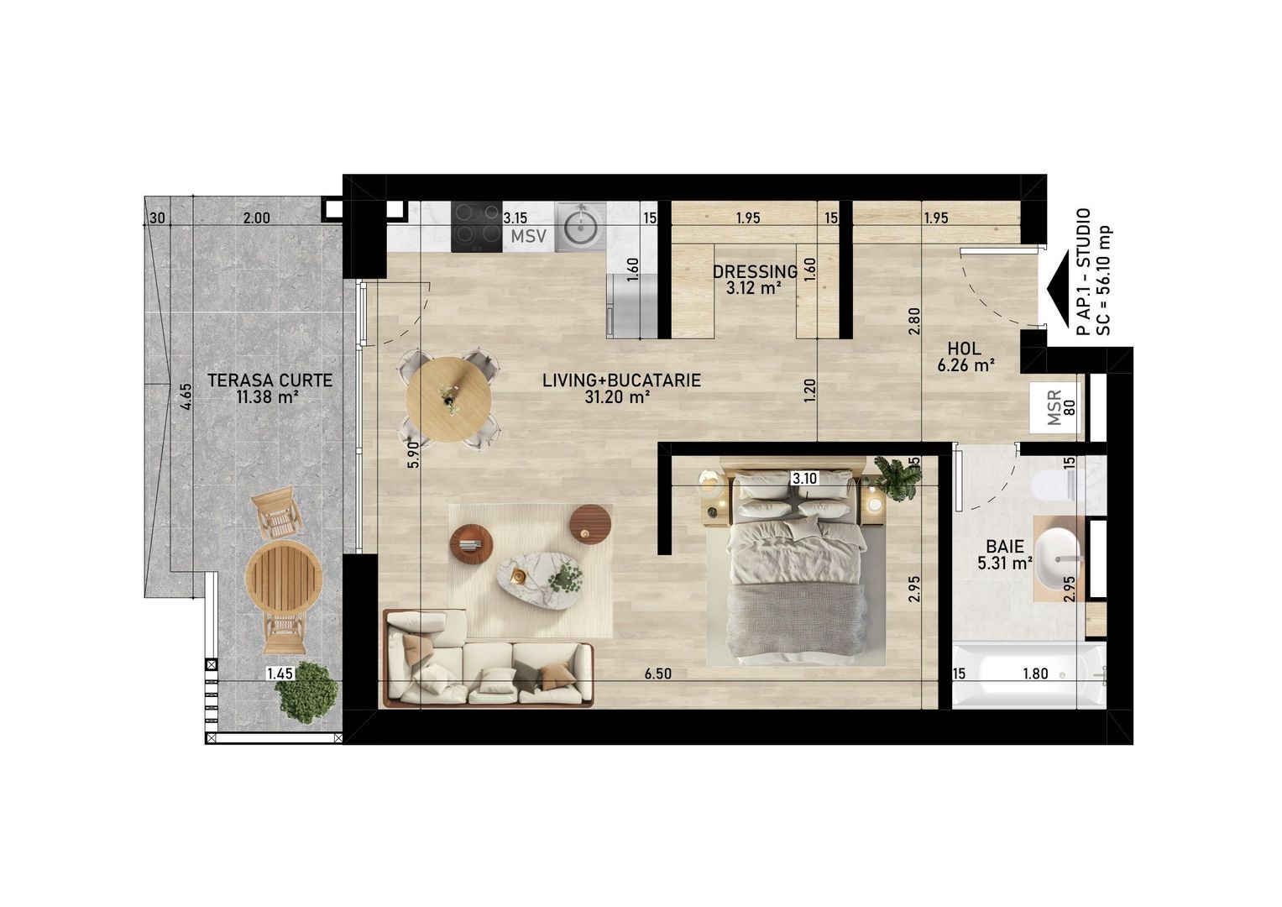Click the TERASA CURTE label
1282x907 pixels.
tap(269, 380)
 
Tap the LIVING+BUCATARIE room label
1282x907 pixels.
tap(621, 380)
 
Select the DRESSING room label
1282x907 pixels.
tap(755, 271)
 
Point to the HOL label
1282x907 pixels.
tap(965, 349)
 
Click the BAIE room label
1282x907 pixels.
tap(1004, 546)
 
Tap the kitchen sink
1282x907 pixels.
tap(580, 227)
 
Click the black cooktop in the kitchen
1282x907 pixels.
tap(476, 227)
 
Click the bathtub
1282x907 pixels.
tap(1029, 676)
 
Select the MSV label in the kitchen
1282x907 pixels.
tap(528, 236)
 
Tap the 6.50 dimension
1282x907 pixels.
tap(657, 674)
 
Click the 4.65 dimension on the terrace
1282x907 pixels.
tap(186, 396)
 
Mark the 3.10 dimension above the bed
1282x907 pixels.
tap(804, 478)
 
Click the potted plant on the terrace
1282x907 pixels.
tap(306, 692)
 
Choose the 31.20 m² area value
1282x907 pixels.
tap(617, 396)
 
